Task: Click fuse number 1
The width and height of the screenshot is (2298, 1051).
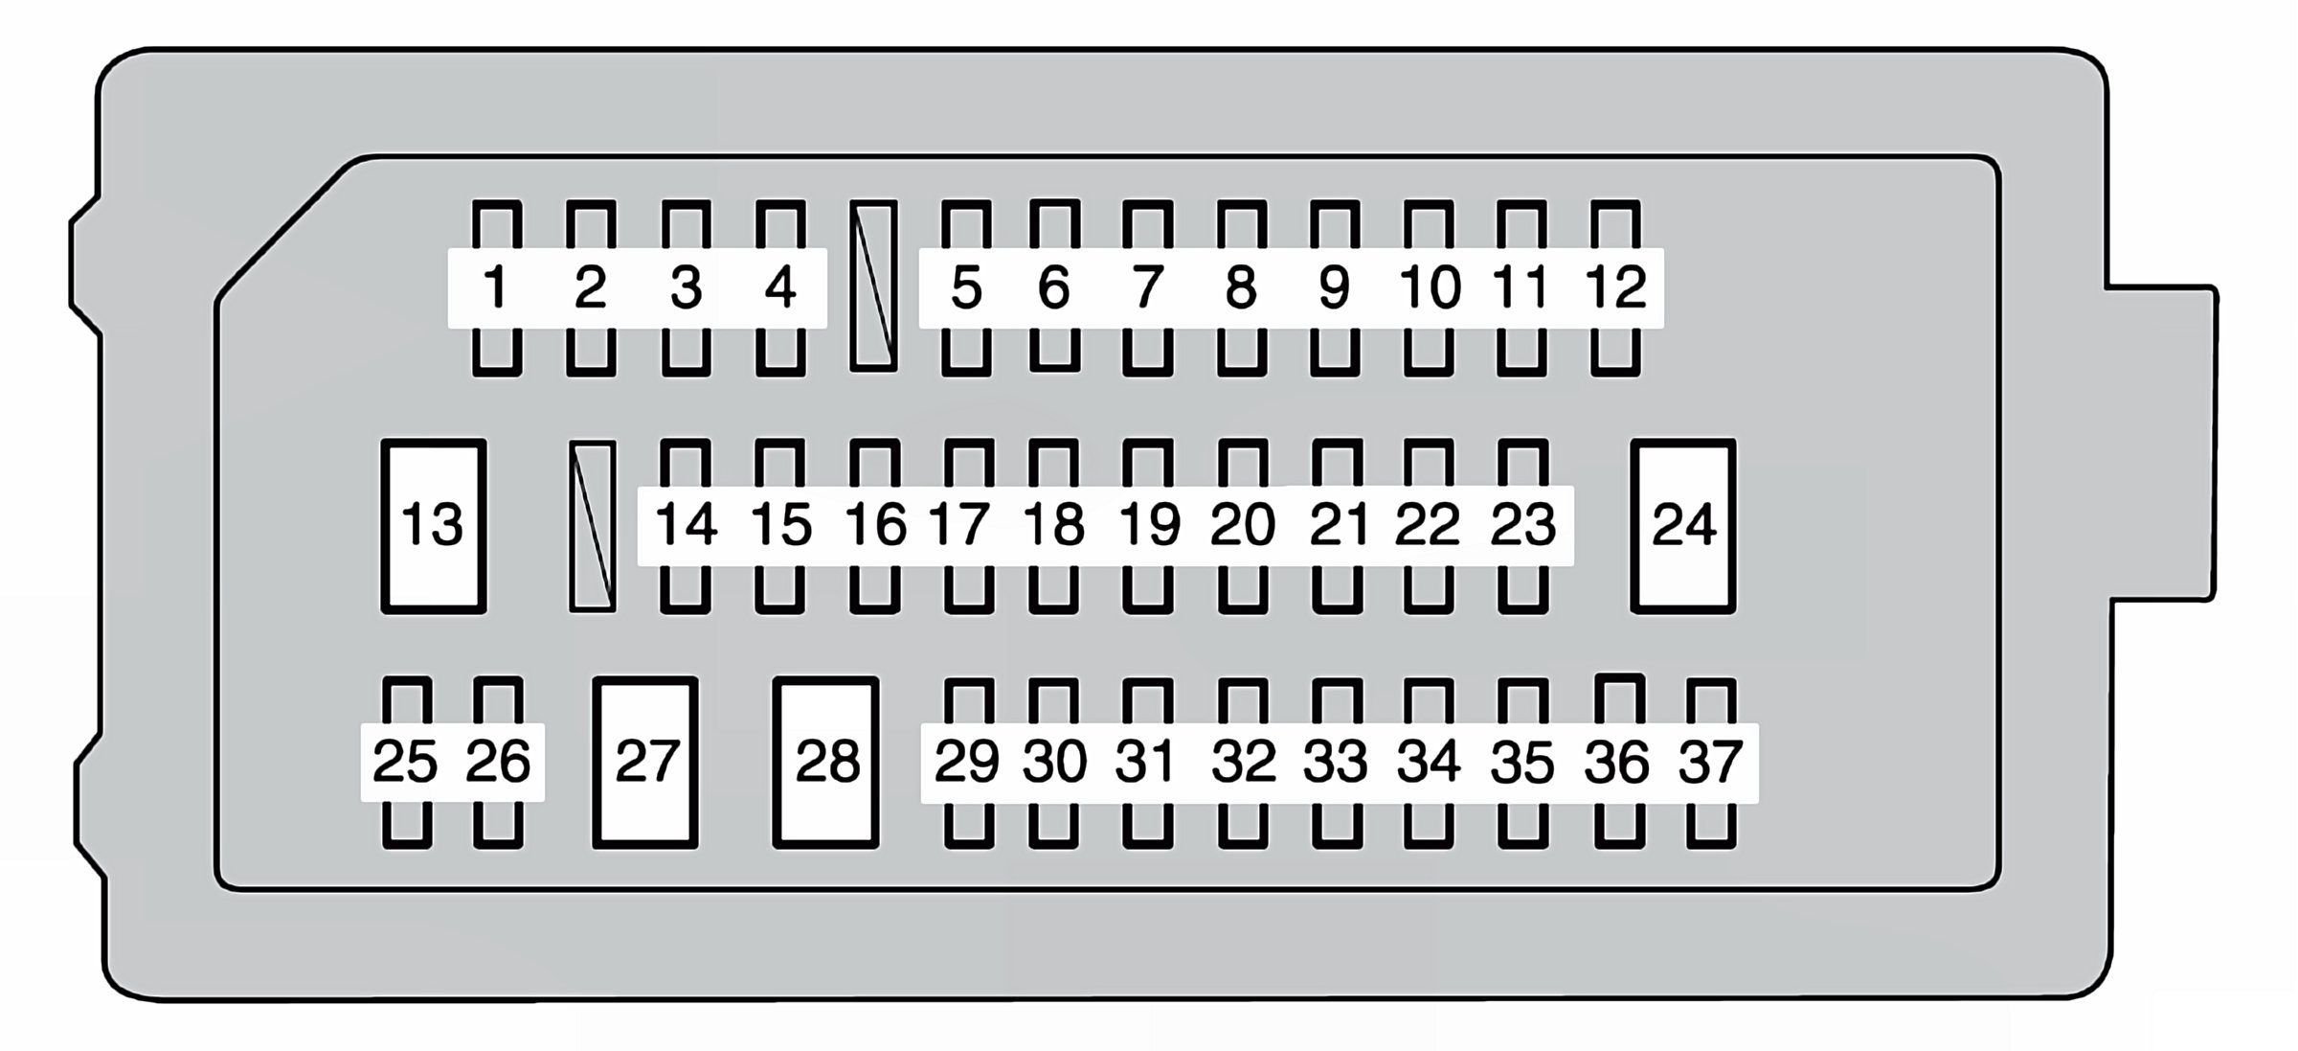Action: [x=496, y=287]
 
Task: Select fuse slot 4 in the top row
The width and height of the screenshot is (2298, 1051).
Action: [x=780, y=287]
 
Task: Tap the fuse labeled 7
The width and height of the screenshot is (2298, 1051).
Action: [x=1147, y=287]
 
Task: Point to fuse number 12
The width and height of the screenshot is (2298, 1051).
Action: [x=1615, y=287]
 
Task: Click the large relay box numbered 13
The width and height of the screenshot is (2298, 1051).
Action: [x=433, y=526]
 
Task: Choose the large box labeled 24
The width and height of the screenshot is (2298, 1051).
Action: [x=1683, y=526]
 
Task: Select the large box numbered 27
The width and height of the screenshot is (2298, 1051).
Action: [x=644, y=763]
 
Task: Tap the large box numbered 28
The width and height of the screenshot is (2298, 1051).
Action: [x=825, y=763]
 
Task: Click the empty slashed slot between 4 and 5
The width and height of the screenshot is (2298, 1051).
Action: [x=873, y=286]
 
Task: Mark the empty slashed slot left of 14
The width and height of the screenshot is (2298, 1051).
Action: [x=593, y=526]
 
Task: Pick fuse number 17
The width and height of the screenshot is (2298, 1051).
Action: [x=960, y=525]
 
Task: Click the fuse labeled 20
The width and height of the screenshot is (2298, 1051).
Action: [x=1243, y=525]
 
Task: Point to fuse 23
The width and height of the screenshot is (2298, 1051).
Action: [x=1522, y=525]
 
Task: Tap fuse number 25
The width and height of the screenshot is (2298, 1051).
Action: [x=406, y=763]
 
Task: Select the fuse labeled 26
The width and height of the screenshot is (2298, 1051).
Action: [x=498, y=763]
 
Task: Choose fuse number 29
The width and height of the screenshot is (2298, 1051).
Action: [x=967, y=763]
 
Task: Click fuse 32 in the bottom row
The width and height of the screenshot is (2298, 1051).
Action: [x=1243, y=763]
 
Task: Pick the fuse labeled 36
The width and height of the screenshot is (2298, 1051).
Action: [x=1618, y=763]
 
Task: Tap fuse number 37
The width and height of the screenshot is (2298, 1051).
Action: [x=1711, y=763]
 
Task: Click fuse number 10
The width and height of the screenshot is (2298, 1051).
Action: [x=1430, y=287]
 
